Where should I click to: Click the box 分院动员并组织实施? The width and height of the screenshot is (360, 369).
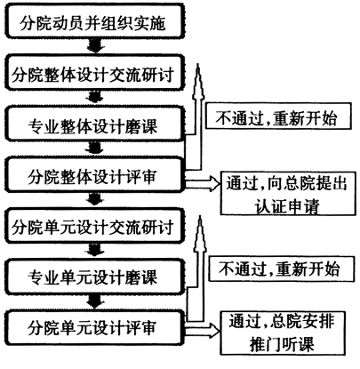tap(94, 21)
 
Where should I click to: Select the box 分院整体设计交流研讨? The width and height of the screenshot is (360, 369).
tap(94, 73)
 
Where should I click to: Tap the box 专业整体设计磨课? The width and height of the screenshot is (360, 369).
tap(94, 124)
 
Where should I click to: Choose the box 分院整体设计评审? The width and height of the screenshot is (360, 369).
tap(94, 174)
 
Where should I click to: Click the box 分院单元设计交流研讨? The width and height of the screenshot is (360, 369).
tap(94, 226)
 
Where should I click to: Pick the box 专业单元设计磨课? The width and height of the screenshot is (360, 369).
tap(94, 277)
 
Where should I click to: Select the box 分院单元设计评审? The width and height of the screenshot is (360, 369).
tap(94, 327)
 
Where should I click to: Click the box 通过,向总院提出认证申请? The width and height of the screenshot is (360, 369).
tap(288, 193)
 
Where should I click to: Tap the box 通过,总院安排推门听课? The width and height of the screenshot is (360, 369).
tap(283, 333)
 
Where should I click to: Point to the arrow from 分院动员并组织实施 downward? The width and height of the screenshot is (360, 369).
tap(95, 46)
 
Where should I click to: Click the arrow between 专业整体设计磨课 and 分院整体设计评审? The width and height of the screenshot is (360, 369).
tap(95, 149)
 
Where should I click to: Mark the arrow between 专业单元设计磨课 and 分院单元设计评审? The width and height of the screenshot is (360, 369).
tap(95, 302)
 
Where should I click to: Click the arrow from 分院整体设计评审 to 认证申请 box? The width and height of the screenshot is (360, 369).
tap(203, 184)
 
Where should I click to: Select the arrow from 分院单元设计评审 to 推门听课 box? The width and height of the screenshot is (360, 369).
tap(203, 329)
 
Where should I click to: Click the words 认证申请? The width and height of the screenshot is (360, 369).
tap(287, 205)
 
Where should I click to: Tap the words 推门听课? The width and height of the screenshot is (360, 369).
tap(282, 344)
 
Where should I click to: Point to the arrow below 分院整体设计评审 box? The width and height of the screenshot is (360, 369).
tap(95, 200)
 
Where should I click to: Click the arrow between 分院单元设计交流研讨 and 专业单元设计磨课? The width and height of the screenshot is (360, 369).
tap(95, 251)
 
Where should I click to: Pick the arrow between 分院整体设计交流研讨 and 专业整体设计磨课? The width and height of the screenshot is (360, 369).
tap(95, 99)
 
